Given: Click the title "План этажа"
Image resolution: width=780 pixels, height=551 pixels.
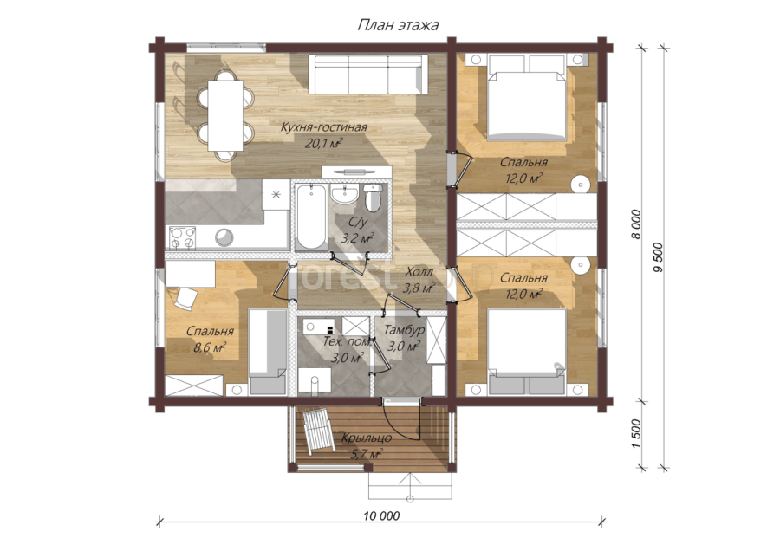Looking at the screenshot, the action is (x=398, y=25).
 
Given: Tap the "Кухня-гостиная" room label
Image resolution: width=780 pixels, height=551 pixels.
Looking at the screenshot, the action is (x=324, y=127).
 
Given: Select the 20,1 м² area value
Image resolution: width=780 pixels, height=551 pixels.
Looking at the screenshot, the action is (x=324, y=144).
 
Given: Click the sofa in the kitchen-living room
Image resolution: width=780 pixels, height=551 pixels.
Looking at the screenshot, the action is (x=368, y=75).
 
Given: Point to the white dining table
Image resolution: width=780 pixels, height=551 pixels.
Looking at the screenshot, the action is (x=225, y=115).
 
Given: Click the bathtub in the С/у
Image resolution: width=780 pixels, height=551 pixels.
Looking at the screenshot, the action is (x=311, y=217).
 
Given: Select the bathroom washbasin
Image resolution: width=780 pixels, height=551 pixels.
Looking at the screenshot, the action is (x=344, y=193).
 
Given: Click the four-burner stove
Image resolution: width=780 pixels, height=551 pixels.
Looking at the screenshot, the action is (x=182, y=237).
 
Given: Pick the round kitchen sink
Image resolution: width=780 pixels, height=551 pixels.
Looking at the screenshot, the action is (x=224, y=237).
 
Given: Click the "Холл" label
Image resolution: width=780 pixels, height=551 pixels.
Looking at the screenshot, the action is (x=419, y=272).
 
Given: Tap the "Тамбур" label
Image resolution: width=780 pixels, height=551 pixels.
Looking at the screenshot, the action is (x=405, y=330).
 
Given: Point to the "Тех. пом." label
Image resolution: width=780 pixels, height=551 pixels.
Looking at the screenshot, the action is (x=348, y=341).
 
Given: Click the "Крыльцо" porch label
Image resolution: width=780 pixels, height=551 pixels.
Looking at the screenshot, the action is (x=366, y=438).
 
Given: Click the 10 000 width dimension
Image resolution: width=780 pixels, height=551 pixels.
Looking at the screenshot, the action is (x=381, y=515).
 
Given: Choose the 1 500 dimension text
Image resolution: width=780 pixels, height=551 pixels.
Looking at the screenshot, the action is (x=637, y=434).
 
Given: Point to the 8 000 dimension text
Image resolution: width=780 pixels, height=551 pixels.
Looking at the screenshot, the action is (x=636, y=224).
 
